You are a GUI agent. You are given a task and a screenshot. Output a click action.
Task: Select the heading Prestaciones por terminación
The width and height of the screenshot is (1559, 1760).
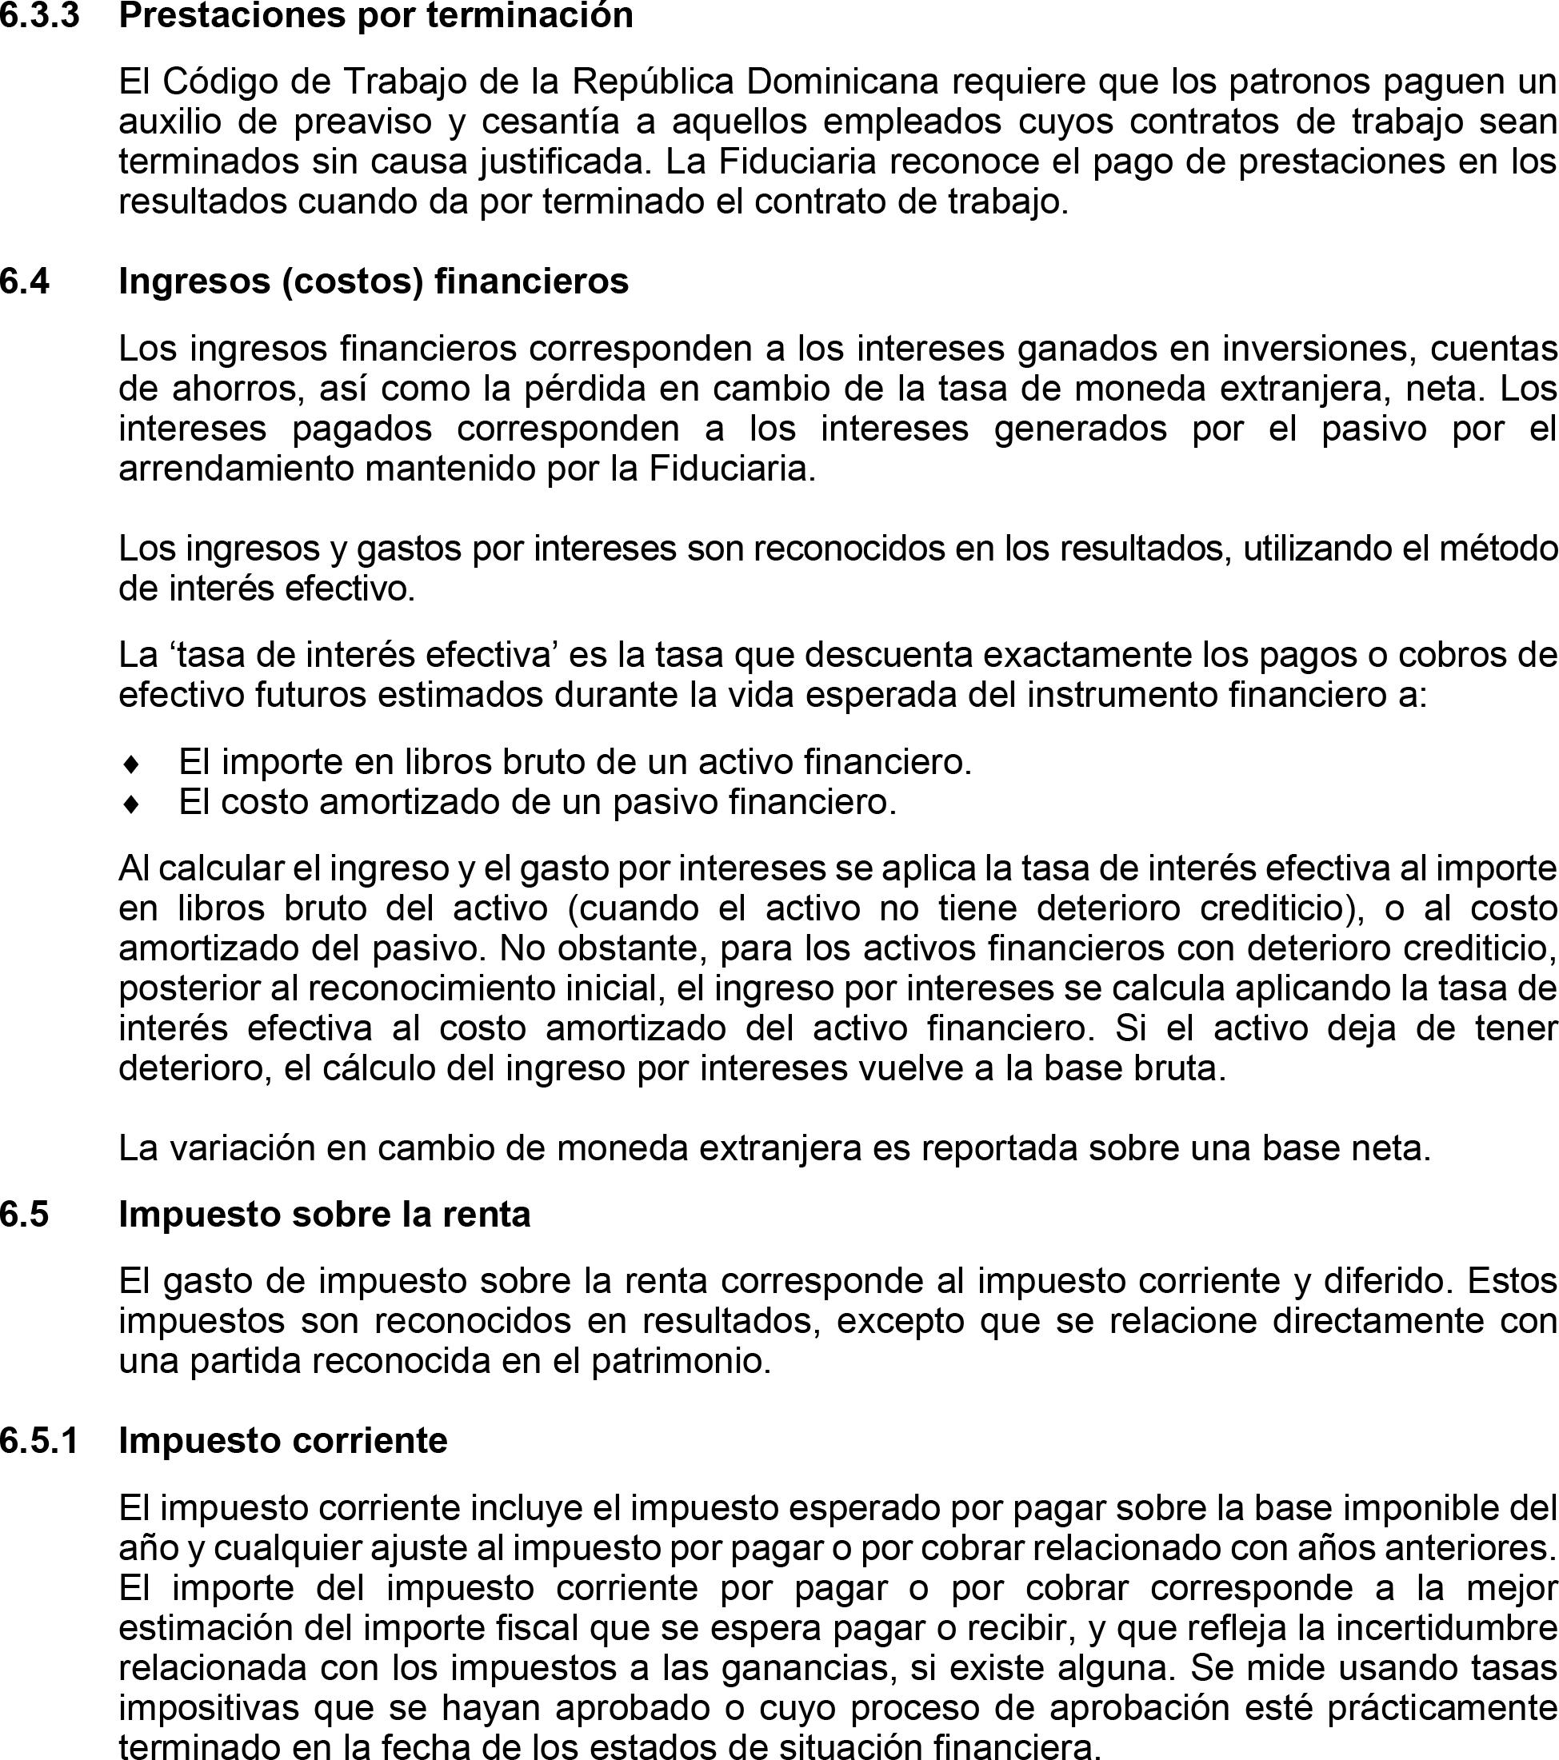pos(375,14)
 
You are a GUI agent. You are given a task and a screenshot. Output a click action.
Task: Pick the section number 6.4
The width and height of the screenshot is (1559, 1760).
pos(25,281)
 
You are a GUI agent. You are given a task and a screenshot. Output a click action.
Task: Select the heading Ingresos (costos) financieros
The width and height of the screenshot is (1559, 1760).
pos(374,281)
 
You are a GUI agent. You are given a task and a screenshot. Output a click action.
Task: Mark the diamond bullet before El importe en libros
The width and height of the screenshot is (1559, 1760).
pos(131,764)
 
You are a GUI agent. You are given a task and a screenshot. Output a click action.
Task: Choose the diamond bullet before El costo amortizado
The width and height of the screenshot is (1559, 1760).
pos(131,804)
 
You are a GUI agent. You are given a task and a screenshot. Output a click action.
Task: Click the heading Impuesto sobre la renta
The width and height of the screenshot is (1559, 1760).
pos(325,1214)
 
